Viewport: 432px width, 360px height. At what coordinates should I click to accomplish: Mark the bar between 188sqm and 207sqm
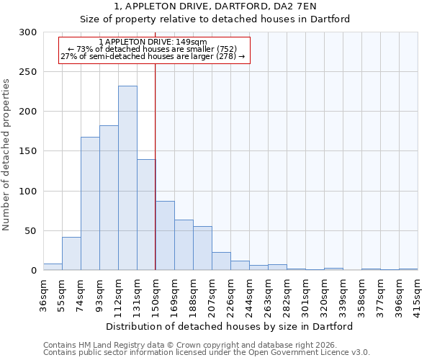pos(202,248)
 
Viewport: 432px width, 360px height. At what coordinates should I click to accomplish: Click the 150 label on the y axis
pos(28,151)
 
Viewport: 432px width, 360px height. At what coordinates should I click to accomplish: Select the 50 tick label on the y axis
pos(31,231)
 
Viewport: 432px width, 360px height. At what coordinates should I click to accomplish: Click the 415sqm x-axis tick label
pos(418,294)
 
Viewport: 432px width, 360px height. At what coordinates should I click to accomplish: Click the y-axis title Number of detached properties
pos(7,155)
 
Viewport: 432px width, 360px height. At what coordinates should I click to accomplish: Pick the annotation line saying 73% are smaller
pos(153,49)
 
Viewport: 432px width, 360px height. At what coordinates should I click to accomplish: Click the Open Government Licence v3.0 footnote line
pos(207,353)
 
